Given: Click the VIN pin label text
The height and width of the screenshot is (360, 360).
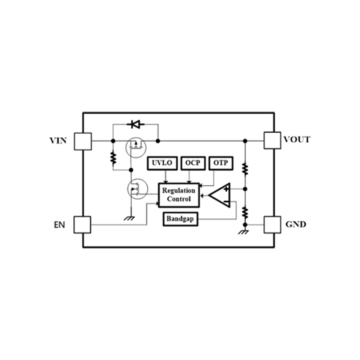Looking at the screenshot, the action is (58, 140).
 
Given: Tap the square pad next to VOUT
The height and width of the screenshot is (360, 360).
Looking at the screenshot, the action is (272, 140).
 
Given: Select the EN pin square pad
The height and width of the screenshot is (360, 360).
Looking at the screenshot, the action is (82, 225).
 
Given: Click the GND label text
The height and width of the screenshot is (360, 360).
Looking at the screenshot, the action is (296, 224).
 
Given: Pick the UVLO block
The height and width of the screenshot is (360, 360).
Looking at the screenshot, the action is (162, 163).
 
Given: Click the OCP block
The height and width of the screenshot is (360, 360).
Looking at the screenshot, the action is (193, 163).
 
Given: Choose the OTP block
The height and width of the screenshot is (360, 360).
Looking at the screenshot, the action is (221, 163).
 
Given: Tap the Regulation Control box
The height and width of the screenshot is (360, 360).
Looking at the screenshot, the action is (179, 195).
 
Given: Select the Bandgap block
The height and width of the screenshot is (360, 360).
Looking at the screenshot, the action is (180, 219).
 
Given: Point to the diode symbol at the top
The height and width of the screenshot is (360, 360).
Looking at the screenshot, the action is (136, 125).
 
